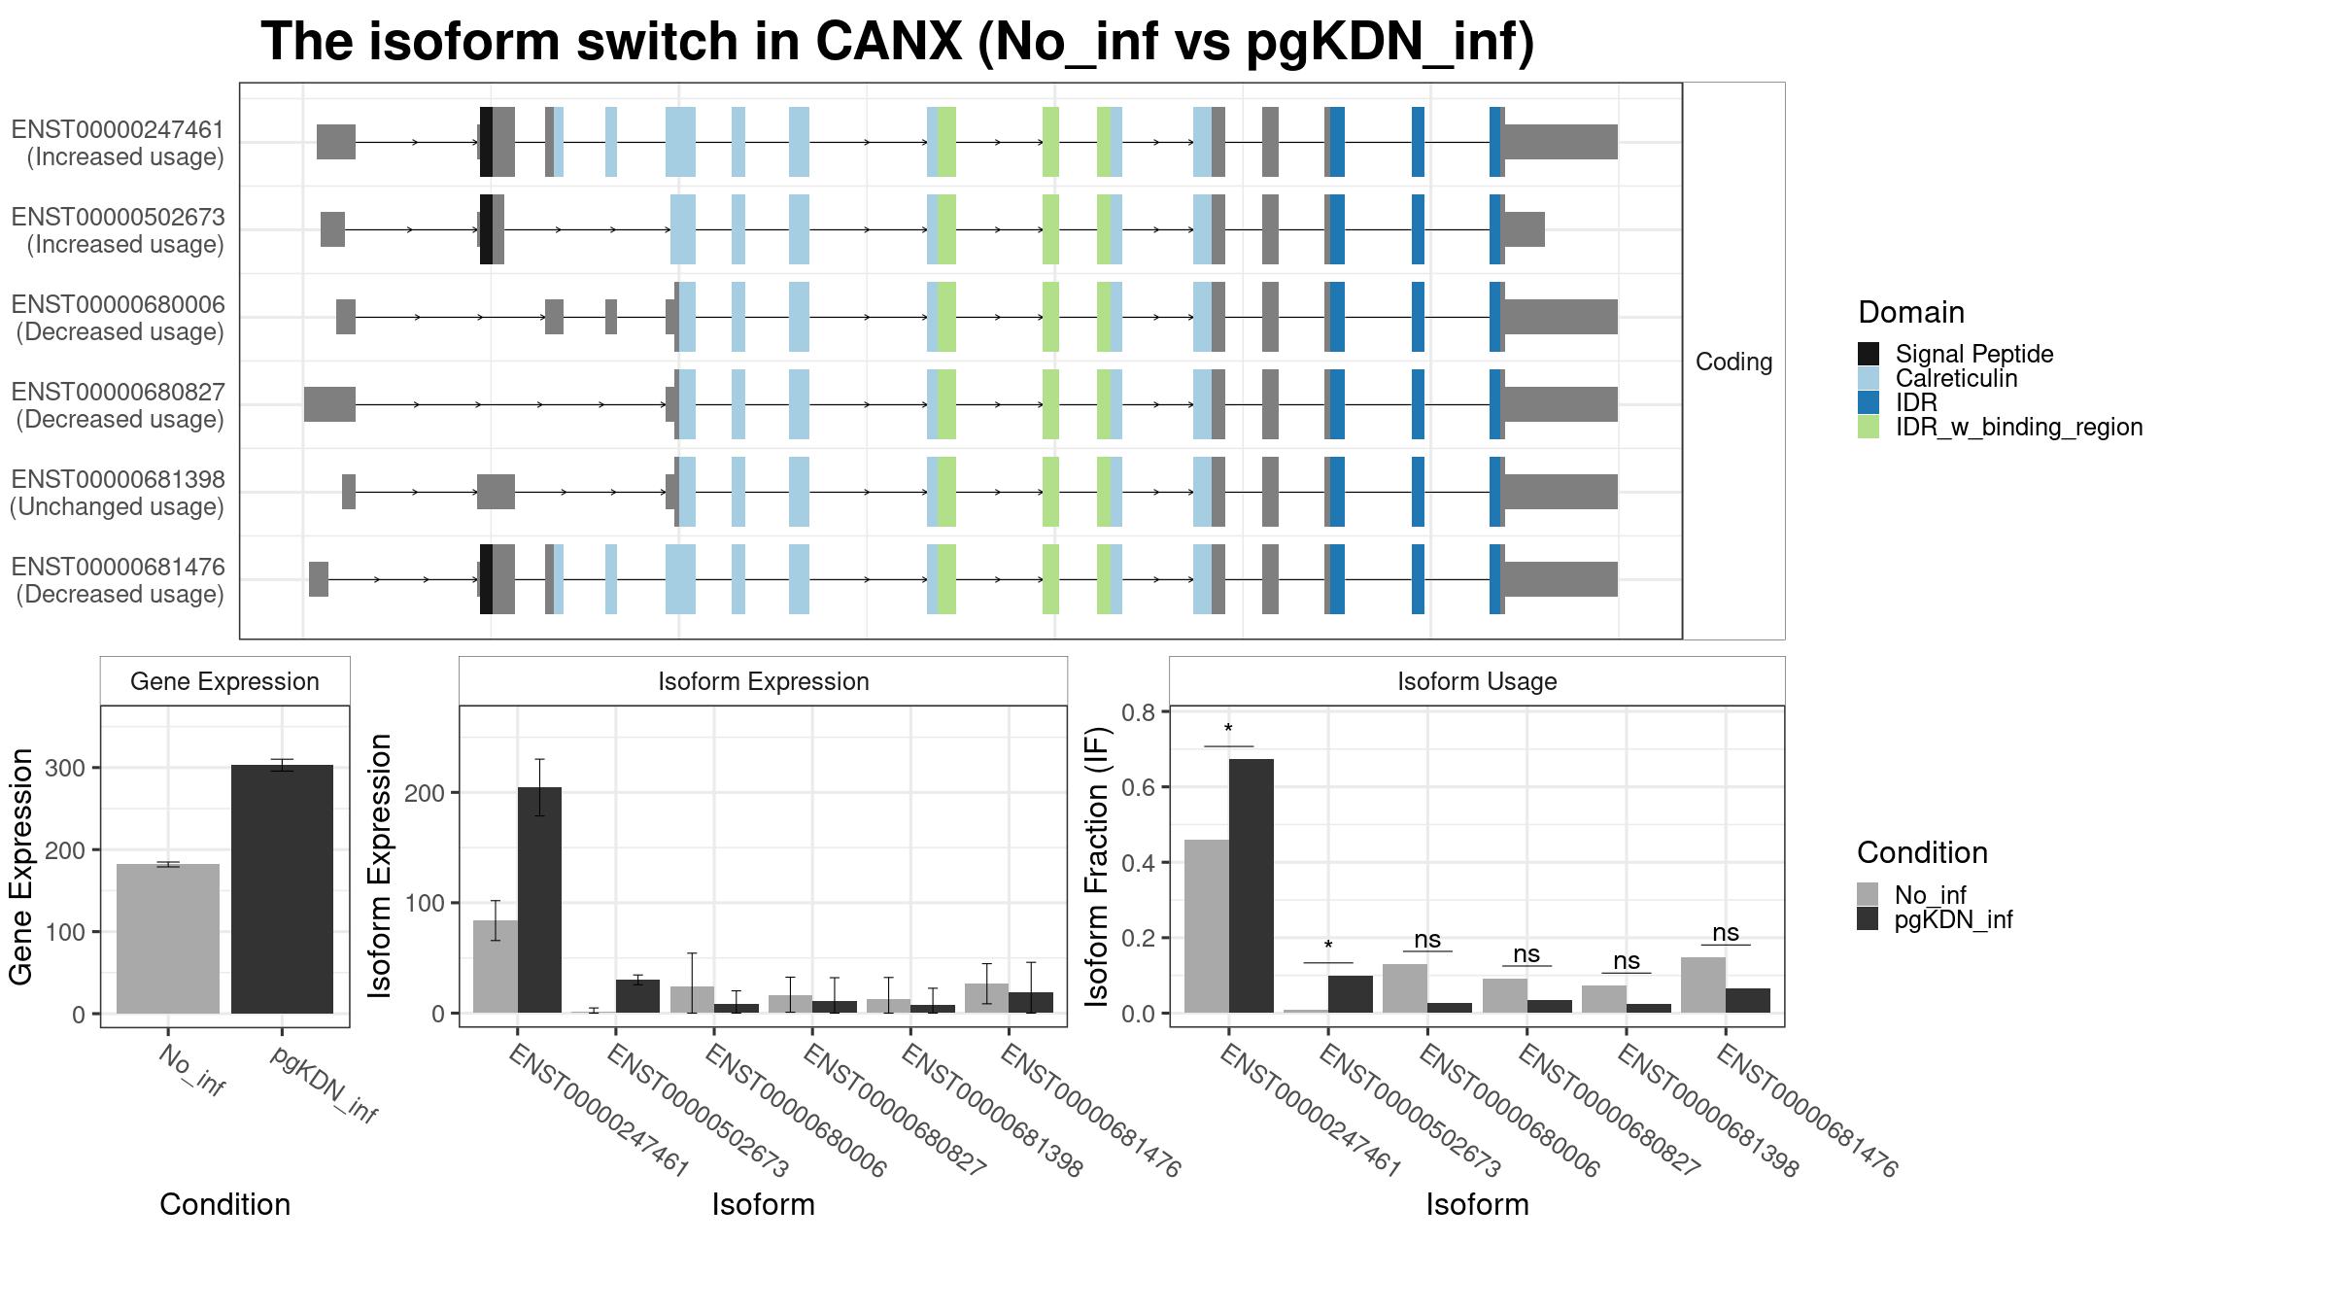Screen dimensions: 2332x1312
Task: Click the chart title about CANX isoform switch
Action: [897, 42]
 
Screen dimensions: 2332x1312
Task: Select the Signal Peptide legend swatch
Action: [1869, 354]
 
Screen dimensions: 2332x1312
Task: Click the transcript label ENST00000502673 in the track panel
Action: [118, 217]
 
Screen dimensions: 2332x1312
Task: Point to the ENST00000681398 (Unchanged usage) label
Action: [118, 493]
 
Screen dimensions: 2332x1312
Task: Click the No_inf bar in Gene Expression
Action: [168, 939]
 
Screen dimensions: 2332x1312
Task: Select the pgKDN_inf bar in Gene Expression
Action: [282, 889]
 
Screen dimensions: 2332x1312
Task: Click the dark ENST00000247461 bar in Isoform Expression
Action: [539, 900]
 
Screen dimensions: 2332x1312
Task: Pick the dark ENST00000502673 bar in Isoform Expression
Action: [637, 996]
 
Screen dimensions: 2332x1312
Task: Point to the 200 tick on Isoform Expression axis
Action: [426, 793]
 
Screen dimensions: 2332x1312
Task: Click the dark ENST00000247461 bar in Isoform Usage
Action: [1252, 886]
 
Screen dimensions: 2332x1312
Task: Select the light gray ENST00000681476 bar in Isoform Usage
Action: [1703, 985]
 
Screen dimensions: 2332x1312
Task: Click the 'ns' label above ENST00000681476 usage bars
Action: [1726, 933]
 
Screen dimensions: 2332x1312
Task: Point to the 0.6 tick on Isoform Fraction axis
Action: [1139, 787]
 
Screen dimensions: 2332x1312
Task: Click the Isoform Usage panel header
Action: [1477, 681]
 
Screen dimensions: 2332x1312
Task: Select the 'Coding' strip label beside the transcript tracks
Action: [1734, 362]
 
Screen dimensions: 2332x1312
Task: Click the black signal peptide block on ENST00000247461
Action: [486, 142]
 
